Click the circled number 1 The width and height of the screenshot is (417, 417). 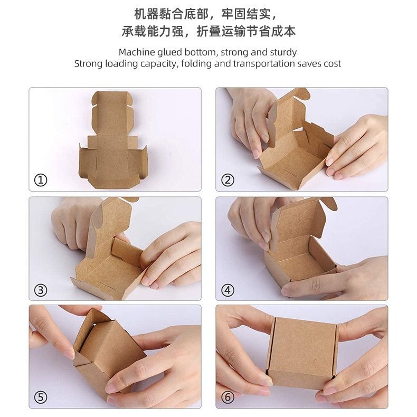tap(41, 180)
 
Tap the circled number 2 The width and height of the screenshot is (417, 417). tap(228, 180)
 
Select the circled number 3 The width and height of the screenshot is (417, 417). tap(41, 290)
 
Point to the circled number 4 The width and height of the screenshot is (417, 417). tap(228, 290)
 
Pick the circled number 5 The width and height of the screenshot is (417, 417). tap(41, 397)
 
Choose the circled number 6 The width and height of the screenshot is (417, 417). tap(228, 397)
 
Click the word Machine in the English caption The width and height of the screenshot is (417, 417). tap(137, 52)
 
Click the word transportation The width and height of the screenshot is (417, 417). tap(264, 63)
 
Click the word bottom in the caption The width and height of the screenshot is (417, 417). tap(201, 52)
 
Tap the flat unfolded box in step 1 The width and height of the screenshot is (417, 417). tap(113, 140)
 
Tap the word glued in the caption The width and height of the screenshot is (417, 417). tap(170, 53)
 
